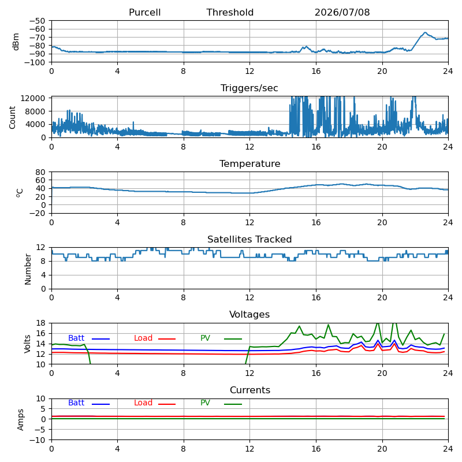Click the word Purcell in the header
point(144,12)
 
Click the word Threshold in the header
point(230,12)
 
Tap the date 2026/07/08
point(342,12)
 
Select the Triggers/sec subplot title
point(249,88)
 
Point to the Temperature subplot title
point(249,163)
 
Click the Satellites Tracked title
point(249,239)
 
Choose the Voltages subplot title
point(249,314)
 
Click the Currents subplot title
point(250,390)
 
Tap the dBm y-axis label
point(16,42)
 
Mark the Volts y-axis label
point(27,344)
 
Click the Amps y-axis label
point(20,420)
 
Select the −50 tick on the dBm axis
point(37,21)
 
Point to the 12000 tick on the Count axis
point(33,98)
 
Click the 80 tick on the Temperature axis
point(40,172)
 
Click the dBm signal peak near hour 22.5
point(425,32)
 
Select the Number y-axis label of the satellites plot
point(28,269)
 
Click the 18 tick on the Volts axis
point(40,323)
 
